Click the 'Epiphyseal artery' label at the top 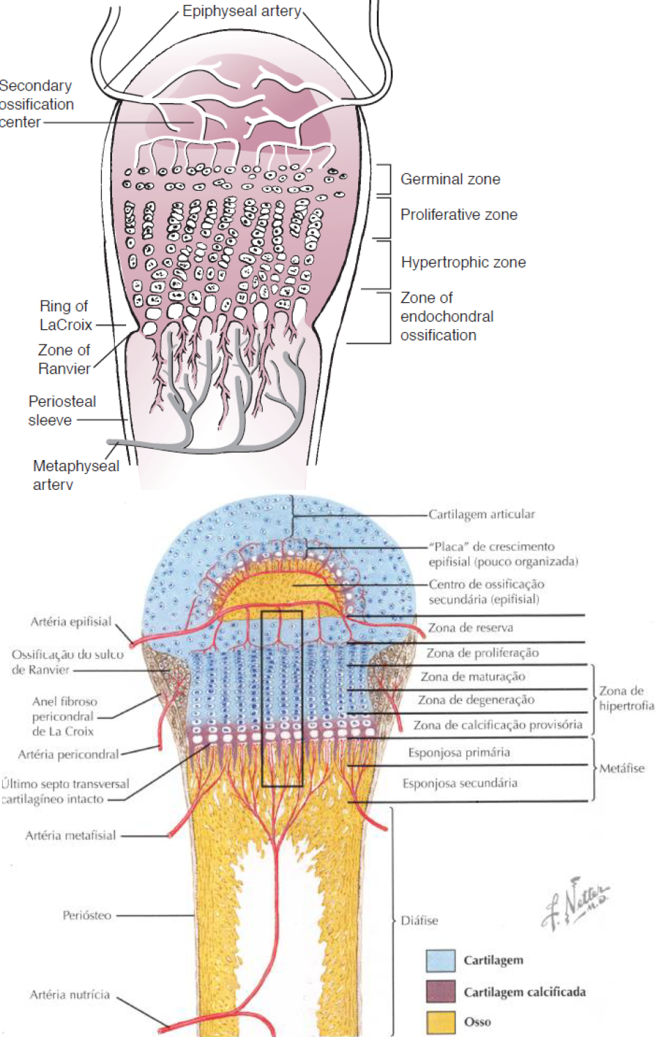[x=242, y=11]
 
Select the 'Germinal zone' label [x=450, y=180]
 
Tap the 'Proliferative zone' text [x=458, y=215]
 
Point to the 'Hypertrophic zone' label [x=463, y=262]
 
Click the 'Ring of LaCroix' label [x=65, y=315]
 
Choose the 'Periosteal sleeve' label [x=61, y=411]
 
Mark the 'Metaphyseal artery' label [x=75, y=475]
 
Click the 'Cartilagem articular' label [x=481, y=514]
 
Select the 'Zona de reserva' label [x=470, y=628]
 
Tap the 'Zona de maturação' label [x=472, y=676]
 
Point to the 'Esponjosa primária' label [x=458, y=752]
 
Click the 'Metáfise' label [x=621, y=768]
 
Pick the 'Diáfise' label [x=419, y=921]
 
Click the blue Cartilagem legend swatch [x=440, y=960]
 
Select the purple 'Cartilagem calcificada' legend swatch [x=440, y=992]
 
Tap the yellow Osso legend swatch [x=440, y=1022]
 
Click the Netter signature [x=575, y=903]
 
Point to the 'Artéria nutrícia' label [x=70, y=995]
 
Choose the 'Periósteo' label [x=86, y=916]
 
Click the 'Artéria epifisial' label [x=70, y=622]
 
